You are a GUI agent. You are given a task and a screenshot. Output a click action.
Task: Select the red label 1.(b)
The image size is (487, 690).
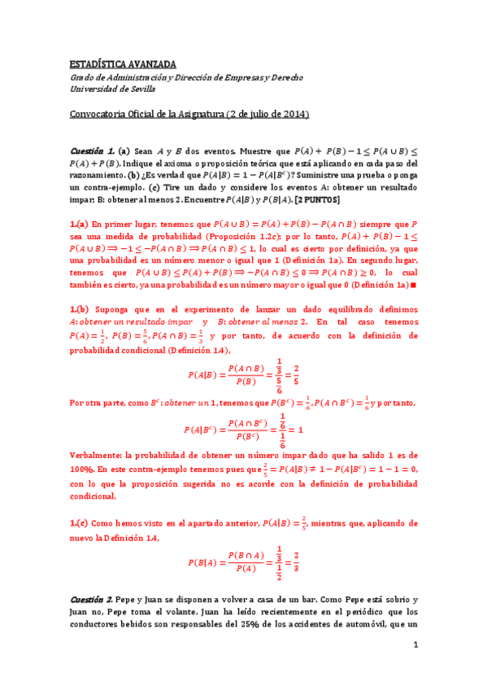click(x=78, y=310)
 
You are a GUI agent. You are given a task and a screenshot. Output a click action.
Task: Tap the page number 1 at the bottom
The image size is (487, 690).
click(x=415, y=644)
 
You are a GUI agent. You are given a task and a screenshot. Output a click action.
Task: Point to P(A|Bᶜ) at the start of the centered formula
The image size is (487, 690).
click(x=199, y=430)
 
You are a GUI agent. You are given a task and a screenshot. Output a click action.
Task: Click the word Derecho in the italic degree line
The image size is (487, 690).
click(x=285, y=76)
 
